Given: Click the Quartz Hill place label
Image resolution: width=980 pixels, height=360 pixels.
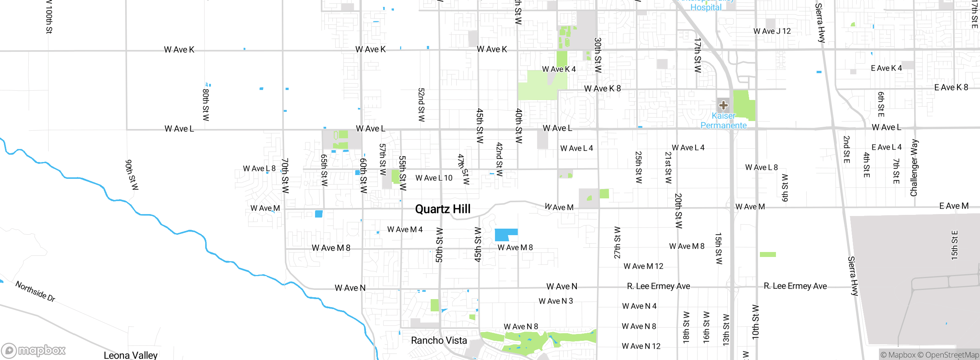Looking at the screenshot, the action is [443, 209].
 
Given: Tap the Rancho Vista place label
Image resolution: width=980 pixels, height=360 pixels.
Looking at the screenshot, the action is [439, 340].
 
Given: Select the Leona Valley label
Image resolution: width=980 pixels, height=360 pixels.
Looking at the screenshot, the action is [131, 355].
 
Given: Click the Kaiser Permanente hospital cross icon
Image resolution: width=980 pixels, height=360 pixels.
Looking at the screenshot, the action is [723, 105].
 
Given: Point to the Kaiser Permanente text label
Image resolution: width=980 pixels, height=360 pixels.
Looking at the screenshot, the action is [723, 121].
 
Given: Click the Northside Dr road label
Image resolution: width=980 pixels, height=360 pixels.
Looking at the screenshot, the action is [35, 291].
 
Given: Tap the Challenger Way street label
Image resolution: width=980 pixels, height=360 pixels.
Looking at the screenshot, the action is [914, 168].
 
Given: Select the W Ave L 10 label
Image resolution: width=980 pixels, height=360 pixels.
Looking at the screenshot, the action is [434, 178].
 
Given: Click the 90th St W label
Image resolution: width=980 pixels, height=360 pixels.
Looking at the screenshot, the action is [132, 175].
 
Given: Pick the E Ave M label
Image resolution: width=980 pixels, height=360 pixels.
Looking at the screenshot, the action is [954, 206].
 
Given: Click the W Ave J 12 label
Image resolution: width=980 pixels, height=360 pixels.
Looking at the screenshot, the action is [772, 31].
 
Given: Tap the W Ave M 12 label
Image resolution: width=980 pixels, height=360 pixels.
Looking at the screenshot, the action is [643, 266].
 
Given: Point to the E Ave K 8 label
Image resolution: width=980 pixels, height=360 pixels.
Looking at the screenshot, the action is [951, 87].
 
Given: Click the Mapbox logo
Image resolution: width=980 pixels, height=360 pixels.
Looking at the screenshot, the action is [34, 350].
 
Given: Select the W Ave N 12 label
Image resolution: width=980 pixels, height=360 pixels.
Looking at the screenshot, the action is [641, 346].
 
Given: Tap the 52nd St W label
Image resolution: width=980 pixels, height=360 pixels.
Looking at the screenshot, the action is [421, 105].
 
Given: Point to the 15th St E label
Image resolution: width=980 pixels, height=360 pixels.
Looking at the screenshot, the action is [955, 245].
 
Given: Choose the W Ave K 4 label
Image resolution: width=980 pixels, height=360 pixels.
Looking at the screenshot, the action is [559, 69].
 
